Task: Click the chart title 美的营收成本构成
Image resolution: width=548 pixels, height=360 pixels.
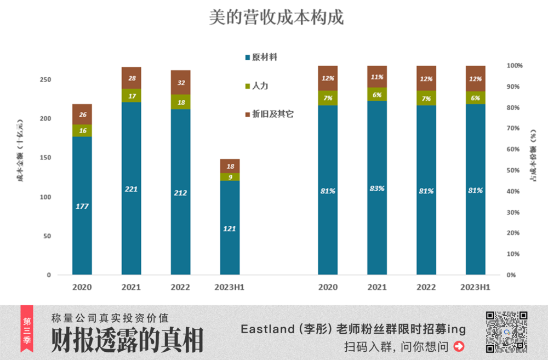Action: [x=276, y=18]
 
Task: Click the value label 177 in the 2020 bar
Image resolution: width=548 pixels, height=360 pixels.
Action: [x=82, y=206]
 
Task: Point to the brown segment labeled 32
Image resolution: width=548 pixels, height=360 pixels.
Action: [x=180, y=82]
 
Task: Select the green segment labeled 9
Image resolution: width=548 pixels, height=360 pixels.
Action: [x=230, y=177]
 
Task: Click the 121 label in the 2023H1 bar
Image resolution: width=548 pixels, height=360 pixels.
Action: [x=230, y=228]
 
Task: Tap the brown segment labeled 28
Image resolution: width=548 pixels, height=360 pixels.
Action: [x=131, y=78]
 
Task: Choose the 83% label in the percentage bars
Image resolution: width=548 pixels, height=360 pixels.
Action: [x=377, y=188]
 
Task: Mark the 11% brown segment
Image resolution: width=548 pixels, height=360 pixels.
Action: [x=377, y=77]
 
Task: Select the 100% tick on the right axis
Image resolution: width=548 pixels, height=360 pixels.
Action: [x=515, y=66]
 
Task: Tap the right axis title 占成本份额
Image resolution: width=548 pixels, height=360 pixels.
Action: [x=533, y=156]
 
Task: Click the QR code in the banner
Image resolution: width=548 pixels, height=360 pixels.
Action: [x=506, y=332]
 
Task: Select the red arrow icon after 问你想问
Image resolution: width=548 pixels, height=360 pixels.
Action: [x=459, y=346]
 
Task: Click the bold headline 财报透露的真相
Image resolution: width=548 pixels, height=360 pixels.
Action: [x=127, y=341]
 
